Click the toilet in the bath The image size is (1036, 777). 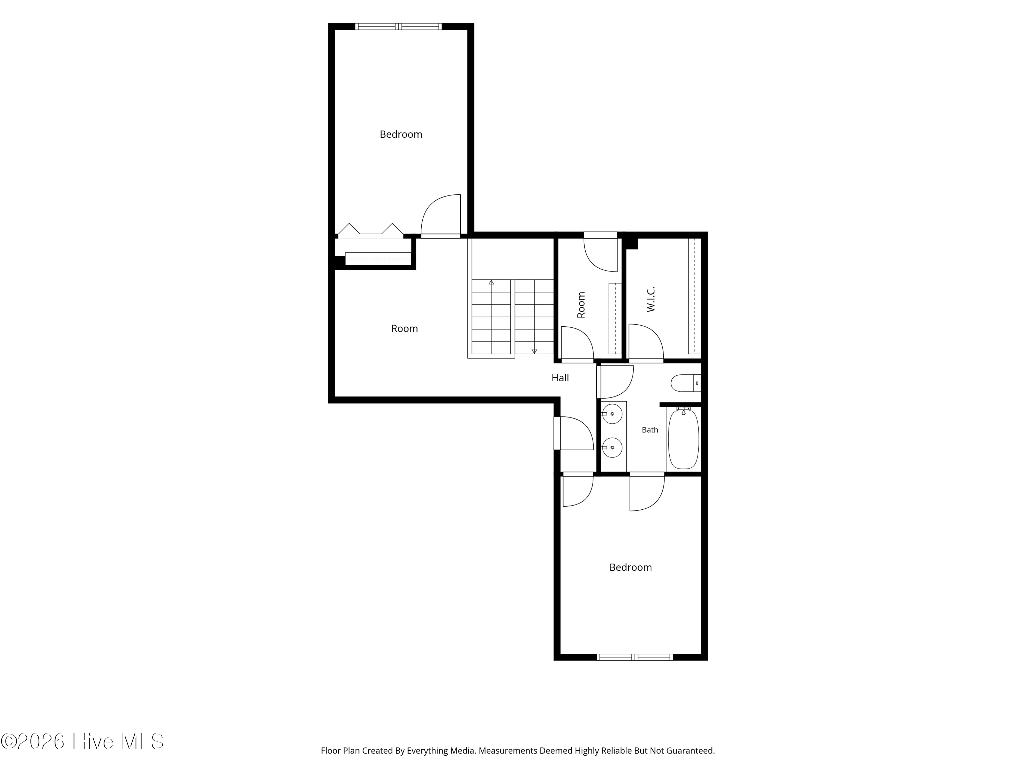click(x=686, y=383)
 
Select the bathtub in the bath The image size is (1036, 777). click(x=683, y=438)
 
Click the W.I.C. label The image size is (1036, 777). click(x=651, y=299)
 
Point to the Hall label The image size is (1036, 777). click(x=560, y=378)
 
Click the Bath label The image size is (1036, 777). click(x=650, y=430)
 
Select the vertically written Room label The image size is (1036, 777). click(x=581, y=305)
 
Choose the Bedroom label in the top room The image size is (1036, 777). click(x=401, y=134)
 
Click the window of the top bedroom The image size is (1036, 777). click(x=399, y=26)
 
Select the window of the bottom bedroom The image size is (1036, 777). click(x=635, y=657)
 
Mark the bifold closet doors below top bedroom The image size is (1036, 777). click(x=371, y=230)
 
